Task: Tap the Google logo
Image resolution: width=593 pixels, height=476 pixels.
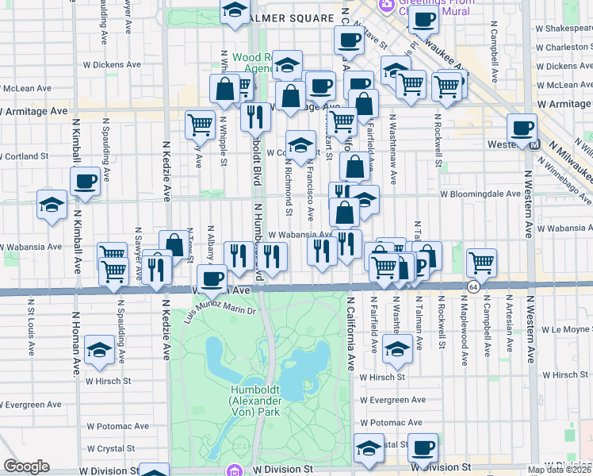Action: coord(26,466)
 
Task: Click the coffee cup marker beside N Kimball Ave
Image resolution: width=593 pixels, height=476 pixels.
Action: coord(85,181)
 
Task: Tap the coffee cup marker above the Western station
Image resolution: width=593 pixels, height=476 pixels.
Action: coord(522,127)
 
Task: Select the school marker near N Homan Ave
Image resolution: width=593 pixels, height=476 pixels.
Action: coord(99,349)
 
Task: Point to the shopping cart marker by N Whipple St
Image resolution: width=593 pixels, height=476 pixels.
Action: coord(200,123)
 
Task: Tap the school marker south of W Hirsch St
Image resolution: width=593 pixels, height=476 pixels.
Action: coord(397,347)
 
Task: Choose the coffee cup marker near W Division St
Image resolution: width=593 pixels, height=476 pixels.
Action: coord(422,448)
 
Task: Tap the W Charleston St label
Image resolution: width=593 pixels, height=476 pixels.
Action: coord(555,48)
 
